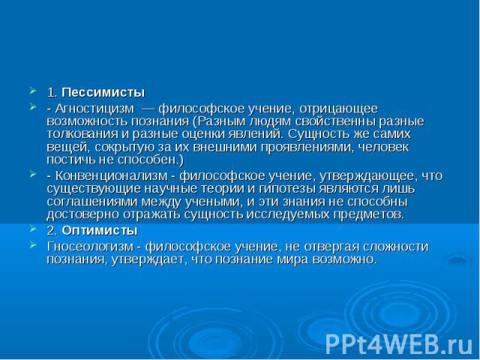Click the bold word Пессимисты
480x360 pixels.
pyautogui.click(x=103, y=92)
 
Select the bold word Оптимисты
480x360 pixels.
pyautogui.click(x=100, y=230)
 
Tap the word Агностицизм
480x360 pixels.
pyautogui.click(x=95, y=109)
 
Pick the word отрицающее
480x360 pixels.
pyautogui.click(x=338, y=109)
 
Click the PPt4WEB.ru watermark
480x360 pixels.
pyautogui.click(x=398, y=343)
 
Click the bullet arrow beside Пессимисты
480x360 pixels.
pyautogui.click(x=33, y=91)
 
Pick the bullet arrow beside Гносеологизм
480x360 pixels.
pyautogui.click(x=33, y=244)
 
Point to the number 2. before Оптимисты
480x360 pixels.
pyautogui.click(x=52, y=231)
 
